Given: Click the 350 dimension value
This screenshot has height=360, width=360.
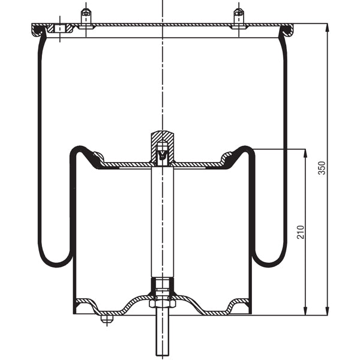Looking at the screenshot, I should [x=322, y=167].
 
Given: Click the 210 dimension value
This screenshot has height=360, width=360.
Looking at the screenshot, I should [x=300, y=232].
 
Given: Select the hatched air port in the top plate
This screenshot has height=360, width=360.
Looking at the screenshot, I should [x=58, y=29].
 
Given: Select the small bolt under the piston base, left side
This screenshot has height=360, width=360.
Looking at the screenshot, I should [x=106, y=319].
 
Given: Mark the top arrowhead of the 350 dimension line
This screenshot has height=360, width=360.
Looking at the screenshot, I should [x=328, y=28].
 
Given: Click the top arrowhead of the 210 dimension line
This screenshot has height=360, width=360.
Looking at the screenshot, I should [x=307, y=152].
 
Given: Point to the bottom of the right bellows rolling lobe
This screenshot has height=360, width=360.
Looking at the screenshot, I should [x=268, y=265].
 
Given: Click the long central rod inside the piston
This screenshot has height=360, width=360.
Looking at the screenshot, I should [x=162, y=222].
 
